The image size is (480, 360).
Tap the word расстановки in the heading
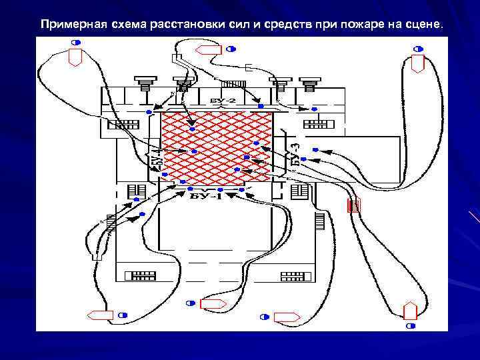(x=179, y=25)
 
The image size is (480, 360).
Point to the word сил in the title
(x=228, y=25)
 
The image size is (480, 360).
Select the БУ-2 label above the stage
(x=223, y=100)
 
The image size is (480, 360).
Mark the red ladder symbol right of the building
(x=355, y=205)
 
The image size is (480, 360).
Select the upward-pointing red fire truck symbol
(x=410, y=311)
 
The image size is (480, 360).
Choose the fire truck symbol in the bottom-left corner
(x=101, y=315)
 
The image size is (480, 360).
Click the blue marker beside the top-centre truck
(x=231, y=49)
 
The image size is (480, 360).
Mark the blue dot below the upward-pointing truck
(x=411, y=325)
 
